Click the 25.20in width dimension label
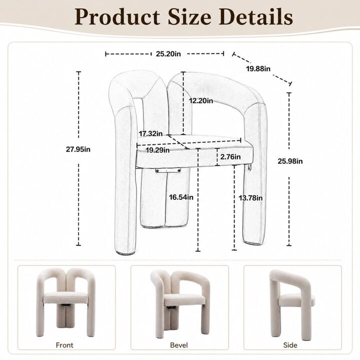tap(168, 53)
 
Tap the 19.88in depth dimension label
tap(258, 68)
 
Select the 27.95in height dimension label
tap(78, 149)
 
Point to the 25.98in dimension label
tap(290, 161)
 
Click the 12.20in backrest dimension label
tap(201, 101)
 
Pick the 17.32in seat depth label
tap(150, 133)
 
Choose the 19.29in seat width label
tap(157, 150)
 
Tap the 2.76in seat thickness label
tap(230, 157)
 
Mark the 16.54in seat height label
tap(181, 197)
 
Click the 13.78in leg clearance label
tap(250, 197)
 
